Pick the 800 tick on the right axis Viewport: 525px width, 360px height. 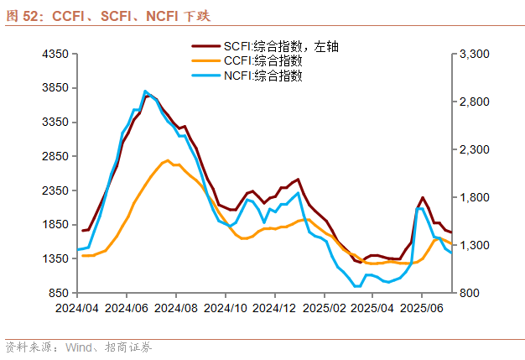[468, 294]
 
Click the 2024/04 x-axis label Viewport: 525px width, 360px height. [77, 308]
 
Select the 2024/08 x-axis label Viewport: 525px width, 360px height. [176, 308]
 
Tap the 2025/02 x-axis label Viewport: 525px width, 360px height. [325, 308]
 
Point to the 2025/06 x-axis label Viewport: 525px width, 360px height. [424, 308]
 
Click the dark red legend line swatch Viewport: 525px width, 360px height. [205, 46]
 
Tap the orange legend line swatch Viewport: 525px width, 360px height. [205, 61]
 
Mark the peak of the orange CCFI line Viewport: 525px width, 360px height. [168, 160]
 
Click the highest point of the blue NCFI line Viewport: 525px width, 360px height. [145, 91]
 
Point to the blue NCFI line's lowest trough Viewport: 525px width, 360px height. [357, 286]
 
